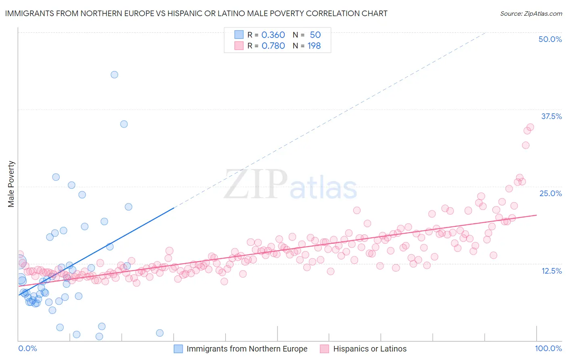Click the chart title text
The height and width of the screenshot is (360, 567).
click(x=196, y=13)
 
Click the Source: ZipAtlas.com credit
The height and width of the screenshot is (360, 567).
click(x=531, y=13)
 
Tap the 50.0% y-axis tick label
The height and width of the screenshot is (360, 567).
click(x=550, y=39)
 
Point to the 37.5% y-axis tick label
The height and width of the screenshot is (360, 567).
click(x=551, y=116)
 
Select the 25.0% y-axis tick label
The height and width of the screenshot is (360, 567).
click(x=550, y=193)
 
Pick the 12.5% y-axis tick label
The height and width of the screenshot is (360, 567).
click(x=551, y=271)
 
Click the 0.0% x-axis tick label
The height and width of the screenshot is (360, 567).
click(x=27, y=348)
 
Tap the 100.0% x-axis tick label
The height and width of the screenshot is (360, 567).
click(x=548, y=348)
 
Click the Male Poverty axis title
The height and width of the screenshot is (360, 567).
click(x=11, y=184)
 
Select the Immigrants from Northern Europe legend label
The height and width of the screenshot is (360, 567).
click(x=247, y=349)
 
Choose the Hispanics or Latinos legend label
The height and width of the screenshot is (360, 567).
click(x=370, y=349)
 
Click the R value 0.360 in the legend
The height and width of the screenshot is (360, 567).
click(x=273, y=35)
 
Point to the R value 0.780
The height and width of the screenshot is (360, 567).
click(x=273, y=46)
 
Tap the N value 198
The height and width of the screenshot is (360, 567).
click(x=314, y=46)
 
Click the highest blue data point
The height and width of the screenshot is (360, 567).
click(x=115, y=75)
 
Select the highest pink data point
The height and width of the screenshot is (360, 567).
click(x=530, y=127)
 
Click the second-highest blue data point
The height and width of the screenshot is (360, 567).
click(x=124, y=124)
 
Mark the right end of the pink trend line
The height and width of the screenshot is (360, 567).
click(x=536, y=215)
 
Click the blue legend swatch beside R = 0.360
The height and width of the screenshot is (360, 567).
click(x=239, y=35)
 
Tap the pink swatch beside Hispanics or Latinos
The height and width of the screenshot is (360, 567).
click(x=324, y=349)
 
